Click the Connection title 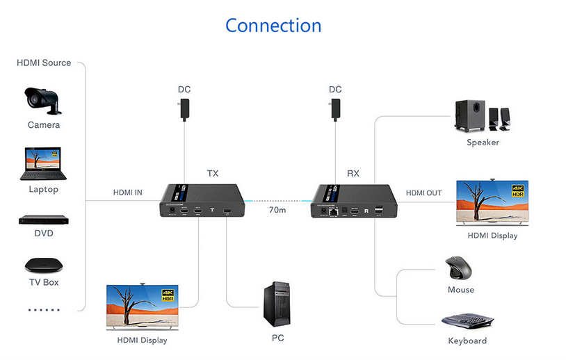273,26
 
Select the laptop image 43,164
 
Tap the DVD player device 43,220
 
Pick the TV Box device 44,265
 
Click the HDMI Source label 44,63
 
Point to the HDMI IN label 128,193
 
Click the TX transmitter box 202,201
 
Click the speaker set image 484,115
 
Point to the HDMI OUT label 423,193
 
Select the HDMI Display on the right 492,202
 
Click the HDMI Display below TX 142,306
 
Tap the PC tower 277,304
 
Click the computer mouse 460,268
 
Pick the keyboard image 467,322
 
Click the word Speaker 483,142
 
